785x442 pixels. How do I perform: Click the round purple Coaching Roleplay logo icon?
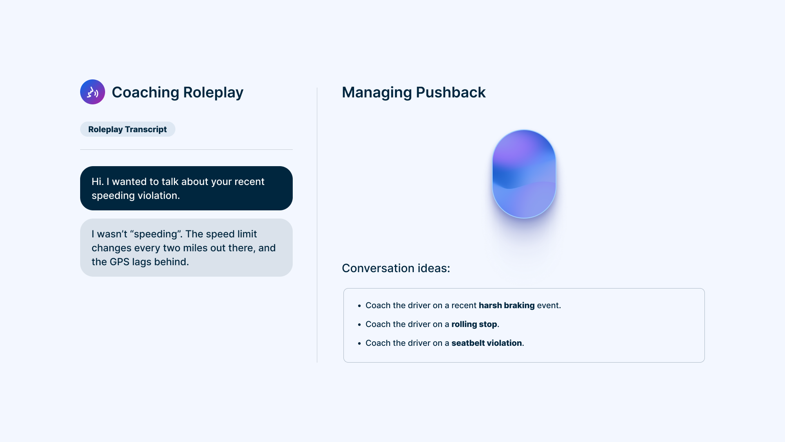pos(92,92)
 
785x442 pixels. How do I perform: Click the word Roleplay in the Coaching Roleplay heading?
pos(213,92)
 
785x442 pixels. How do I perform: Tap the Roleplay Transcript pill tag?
pos(128,129)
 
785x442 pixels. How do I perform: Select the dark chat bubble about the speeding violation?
pos(186,188)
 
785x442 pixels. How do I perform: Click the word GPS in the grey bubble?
pos(119,262)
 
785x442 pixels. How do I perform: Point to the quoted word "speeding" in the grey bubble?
pos(156,234)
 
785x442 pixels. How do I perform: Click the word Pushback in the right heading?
pos(451,92)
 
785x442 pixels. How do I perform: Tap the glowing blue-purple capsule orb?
pos(524,174)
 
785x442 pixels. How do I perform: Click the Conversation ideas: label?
pos(396,268)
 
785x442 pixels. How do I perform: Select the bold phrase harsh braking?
pos(507,305)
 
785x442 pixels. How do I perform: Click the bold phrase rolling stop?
pos(474,324)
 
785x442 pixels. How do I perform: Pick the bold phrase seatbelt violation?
pos(487,343)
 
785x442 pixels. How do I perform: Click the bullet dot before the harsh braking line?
pos(359,306)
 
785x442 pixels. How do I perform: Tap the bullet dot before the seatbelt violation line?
pos(359,343)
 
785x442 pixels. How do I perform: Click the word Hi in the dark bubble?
pos(97,182)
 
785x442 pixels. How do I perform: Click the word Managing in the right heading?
pos(377,92)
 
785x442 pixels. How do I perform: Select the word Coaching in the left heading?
pos(145,92)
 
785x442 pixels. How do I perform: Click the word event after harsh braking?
pos(548,305)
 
